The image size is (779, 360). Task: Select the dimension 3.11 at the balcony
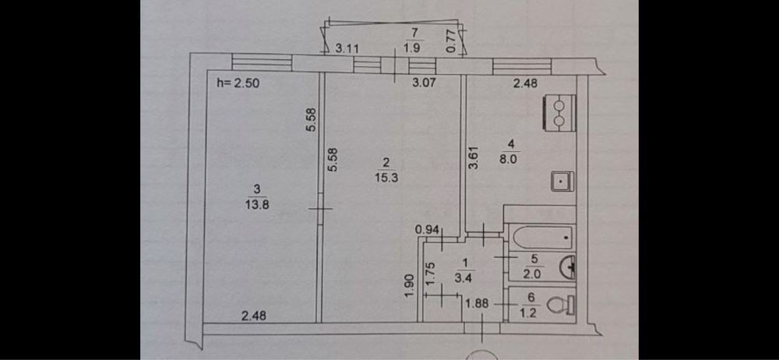(x=347, y=48)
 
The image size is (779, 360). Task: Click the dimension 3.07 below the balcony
(x=423, y=82)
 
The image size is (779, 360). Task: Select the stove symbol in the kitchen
(x=562, y=111)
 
